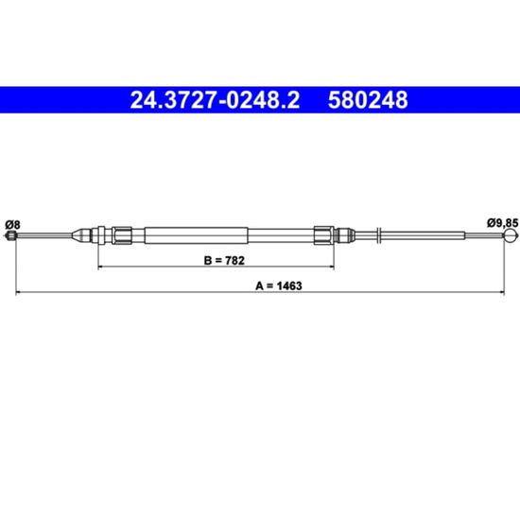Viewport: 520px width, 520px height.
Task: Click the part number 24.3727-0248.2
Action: (x=215, y=100)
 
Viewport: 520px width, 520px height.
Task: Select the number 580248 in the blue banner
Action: (x=368, y=100)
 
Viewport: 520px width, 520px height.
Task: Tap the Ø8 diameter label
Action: (x=12, y=225)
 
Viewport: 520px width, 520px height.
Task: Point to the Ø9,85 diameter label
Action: (x=502, y=223)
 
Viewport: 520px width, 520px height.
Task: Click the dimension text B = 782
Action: (x=224, y=260)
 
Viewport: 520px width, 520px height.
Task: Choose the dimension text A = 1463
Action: (x=279, y=286)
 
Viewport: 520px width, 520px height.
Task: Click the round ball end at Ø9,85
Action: (x=511, y=235)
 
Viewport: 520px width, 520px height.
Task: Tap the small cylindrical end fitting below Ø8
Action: (x=11, y=235)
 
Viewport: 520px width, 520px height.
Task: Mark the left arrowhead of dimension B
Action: (x=100, y=267)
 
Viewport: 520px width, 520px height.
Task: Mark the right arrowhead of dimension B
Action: (x=332, y=267)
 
